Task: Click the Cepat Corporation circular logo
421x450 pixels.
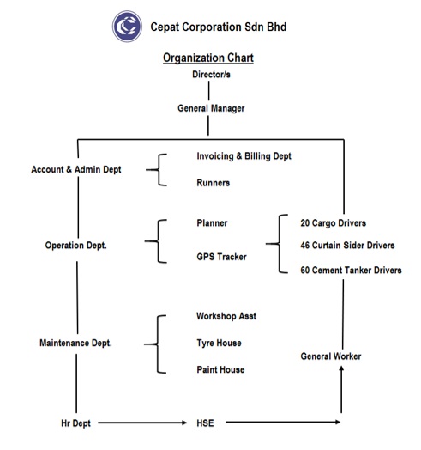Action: tap(127, 27)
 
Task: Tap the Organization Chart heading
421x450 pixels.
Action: tap(208, 58)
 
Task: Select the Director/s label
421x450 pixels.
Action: tap(211, 75)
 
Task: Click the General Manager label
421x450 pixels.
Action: tap(211, 108)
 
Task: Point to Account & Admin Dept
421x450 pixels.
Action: tap(76, 169)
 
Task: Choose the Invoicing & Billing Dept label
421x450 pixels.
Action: tap(244, 156)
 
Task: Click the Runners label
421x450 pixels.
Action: tap(214, 183)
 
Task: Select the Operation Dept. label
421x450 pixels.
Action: tap(76, 246)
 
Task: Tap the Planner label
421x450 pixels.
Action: tap(212, 223)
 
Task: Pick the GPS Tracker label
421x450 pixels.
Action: tap(221, 257)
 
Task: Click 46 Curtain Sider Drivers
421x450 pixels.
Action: tap(347, 245)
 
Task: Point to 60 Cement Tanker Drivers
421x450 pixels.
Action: tap(351, 270)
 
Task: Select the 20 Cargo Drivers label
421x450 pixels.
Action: tap(333, 223)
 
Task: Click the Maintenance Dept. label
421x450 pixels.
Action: tap(75, 343)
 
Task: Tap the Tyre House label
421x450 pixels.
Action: tap(219, 343)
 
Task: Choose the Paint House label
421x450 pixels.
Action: tap(220, 369)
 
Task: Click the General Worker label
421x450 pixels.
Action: tap(331, 356)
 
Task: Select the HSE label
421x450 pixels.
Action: tap(205, 423)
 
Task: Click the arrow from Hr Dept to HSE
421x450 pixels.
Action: tap(142, 423)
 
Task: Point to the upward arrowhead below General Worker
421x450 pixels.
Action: tap(341, 368)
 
